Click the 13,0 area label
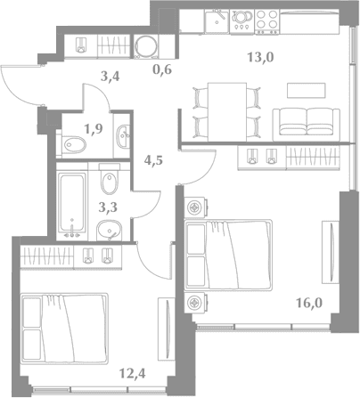pos(260,57)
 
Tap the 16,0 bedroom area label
pos(309,304)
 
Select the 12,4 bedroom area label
pos(132,373)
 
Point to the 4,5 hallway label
pos(154,161)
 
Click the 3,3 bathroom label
pos(108,207)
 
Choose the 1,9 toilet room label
pos(94,129)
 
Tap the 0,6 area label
pos(162,69)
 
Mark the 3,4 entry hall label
pos(110,77)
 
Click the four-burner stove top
pos(267,21)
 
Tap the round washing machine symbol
pos(146,46)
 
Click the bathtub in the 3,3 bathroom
pos(71,202)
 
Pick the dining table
pos(227,112)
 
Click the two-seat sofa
pos(307,125)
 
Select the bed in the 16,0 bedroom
pos(228,255)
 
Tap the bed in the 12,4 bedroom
pos(64,329)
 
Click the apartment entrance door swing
pos(21,85)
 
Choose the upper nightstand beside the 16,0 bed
pos(195,207)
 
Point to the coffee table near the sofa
pos(307,90)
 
